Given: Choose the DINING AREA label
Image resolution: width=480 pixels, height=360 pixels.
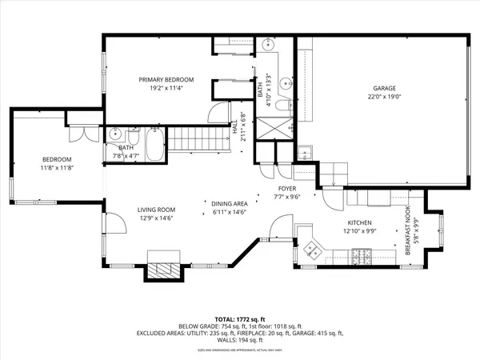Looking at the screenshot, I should pyautogui.click(x=228, y=204).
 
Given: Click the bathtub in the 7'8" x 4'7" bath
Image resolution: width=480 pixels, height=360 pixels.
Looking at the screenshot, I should pyautogui.click(x=154, y=145).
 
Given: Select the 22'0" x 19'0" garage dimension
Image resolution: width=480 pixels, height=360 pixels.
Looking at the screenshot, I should pyautogui.click(x=384, y=98).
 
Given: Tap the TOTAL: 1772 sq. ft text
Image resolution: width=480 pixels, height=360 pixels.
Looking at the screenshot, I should pyautogui.click(x=240, y=318).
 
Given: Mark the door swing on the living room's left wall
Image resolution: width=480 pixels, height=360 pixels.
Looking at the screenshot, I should pyautogui.click(x=114, y=222).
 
